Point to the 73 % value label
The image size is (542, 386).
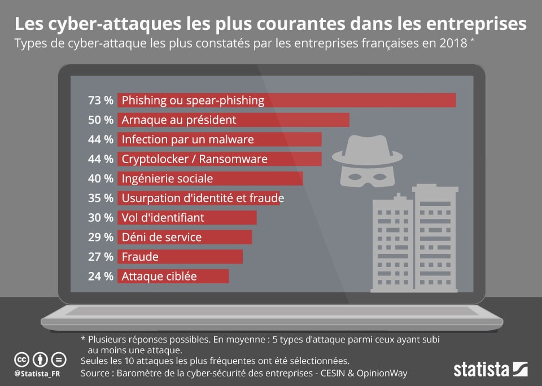pos(100,100)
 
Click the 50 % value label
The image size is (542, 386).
pos(100,120)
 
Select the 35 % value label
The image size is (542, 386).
pos(100,198)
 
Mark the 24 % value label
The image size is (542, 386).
pos(100,277)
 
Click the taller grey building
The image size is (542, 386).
pos(435,237)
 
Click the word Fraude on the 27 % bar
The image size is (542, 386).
pos(140,257)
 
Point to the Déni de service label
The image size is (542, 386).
pos(161,237)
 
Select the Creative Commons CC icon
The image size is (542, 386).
pos(21,359)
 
